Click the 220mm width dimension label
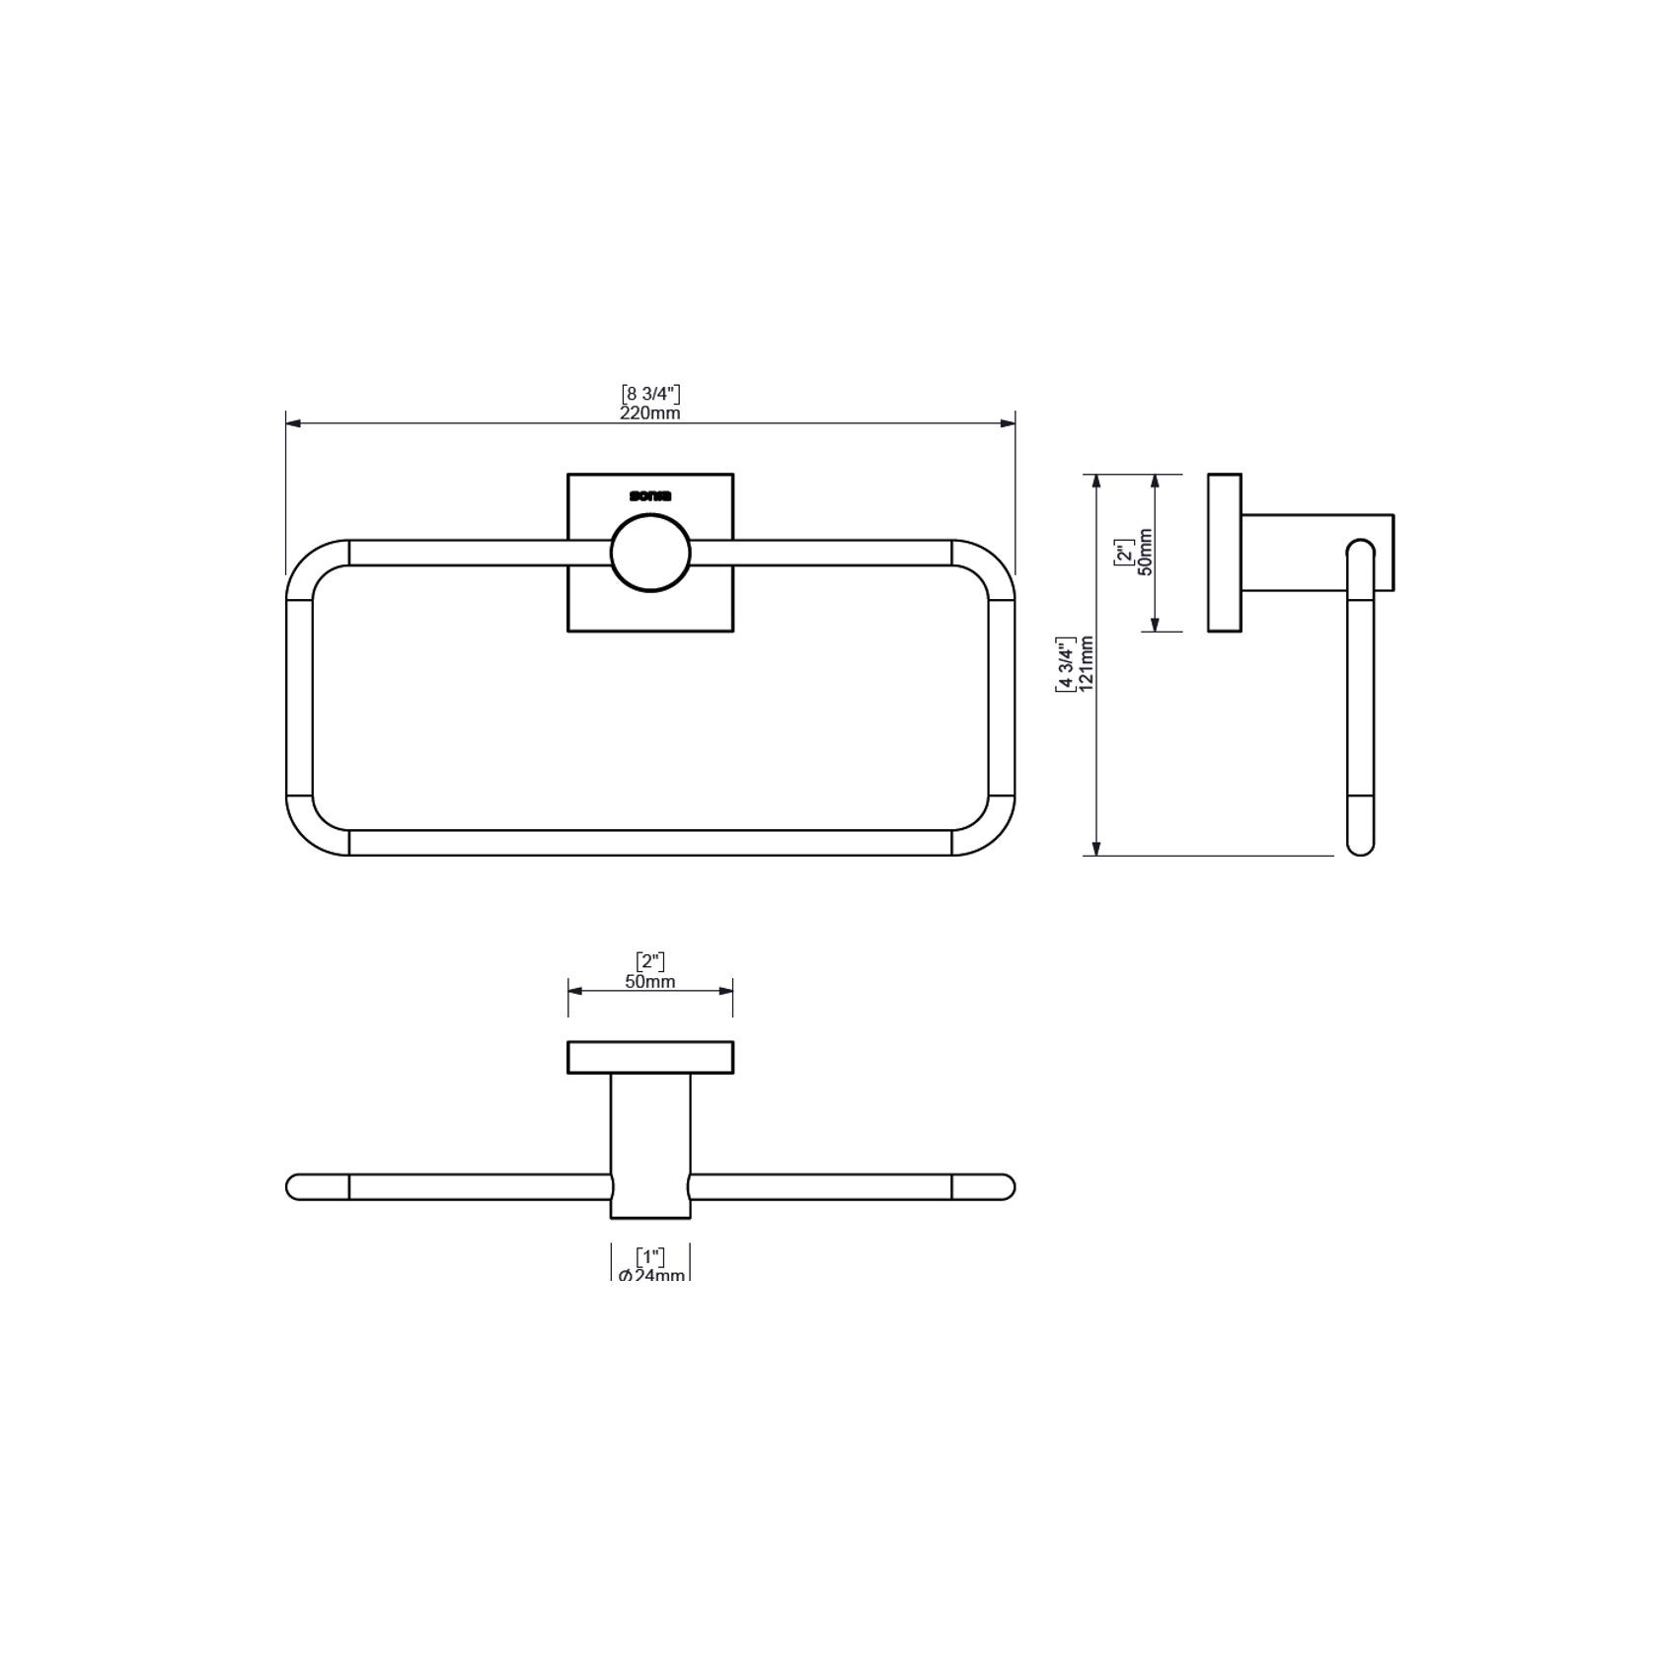(649, 413)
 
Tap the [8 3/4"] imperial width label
(649, 395)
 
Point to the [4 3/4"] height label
(1066, 664)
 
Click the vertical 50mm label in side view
(1145, 552)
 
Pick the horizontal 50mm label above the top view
(649, 982)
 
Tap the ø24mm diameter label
(650, 1275)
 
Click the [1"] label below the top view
(649, 1257)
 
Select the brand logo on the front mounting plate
(649, 496)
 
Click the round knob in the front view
(650, 553)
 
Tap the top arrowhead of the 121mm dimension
(1095, 481)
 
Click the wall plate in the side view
(1225, 553)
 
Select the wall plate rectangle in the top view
(649, 1057)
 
